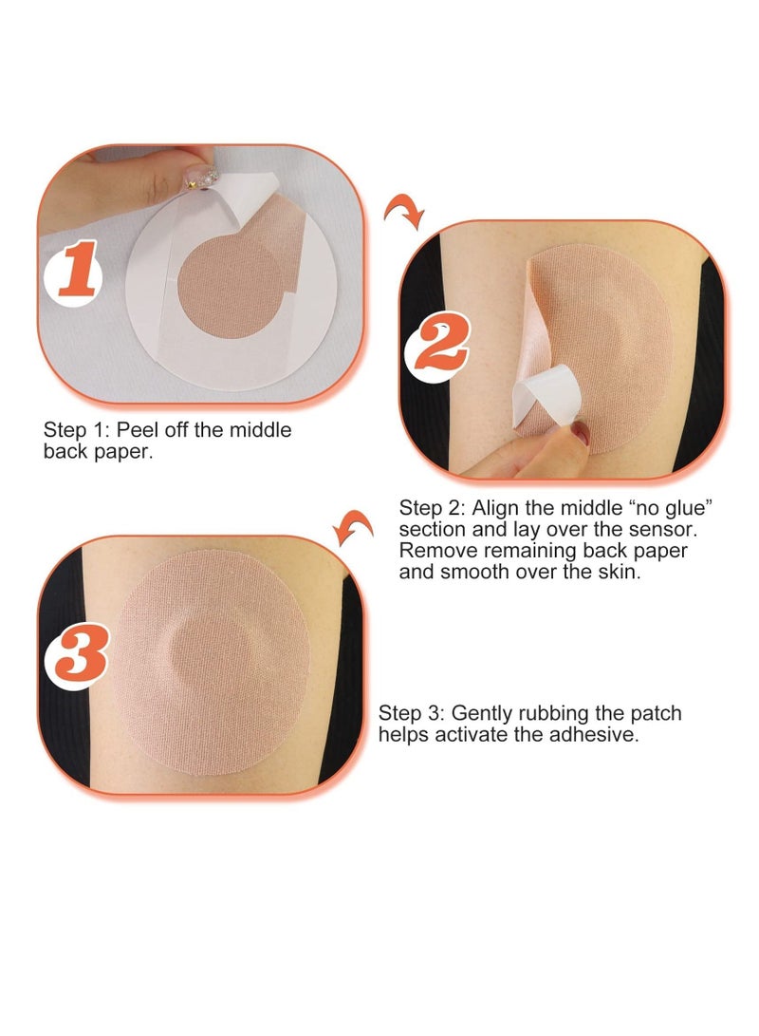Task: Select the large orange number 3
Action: point(78,656)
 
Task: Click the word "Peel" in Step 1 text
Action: point(137,430)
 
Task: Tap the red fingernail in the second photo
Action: point(580,437)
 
